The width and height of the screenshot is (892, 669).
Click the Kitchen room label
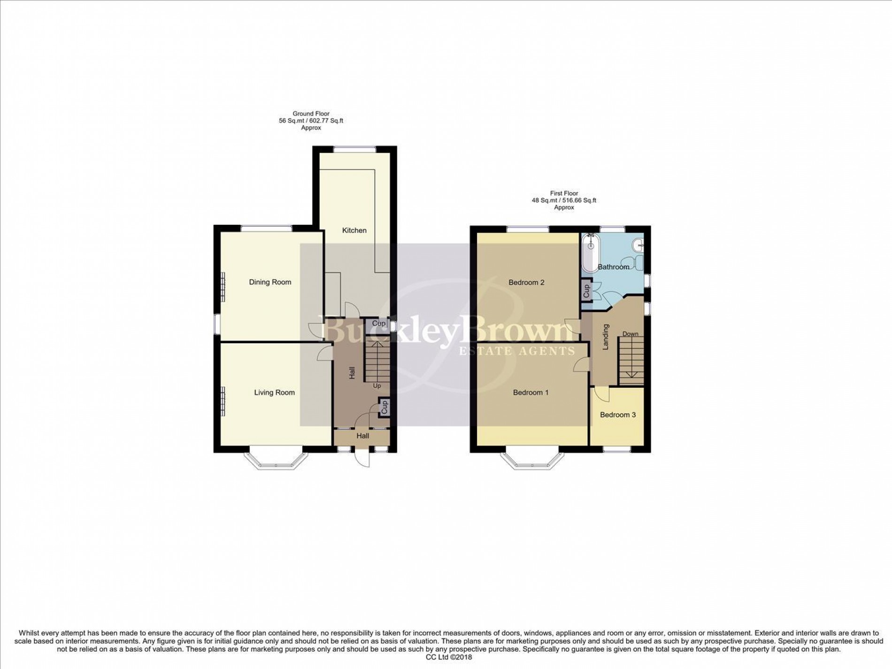tap(354, 230)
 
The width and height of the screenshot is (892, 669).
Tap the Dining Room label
tap(270, 282)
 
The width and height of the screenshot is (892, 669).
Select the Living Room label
tap(274, 392)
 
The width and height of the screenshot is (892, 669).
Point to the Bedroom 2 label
tap(526, 282)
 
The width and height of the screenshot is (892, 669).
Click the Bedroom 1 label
tap(531, 392)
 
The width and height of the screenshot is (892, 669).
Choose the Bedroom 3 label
tap(618, 415)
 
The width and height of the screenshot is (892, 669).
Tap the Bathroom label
tap(613, 267)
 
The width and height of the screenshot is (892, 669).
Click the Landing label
tap(606, 337)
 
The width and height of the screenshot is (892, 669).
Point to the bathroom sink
tap(638, 245)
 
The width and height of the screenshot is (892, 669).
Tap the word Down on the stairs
tap(630, 334)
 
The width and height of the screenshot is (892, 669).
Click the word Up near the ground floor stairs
tap(377, 386)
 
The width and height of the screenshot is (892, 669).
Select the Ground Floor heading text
tap(311, 114)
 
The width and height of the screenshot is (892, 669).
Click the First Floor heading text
tap(564, 193)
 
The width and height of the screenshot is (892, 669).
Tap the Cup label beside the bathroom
tap(586, 291)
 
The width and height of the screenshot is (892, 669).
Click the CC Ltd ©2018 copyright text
tap(446, 657)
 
